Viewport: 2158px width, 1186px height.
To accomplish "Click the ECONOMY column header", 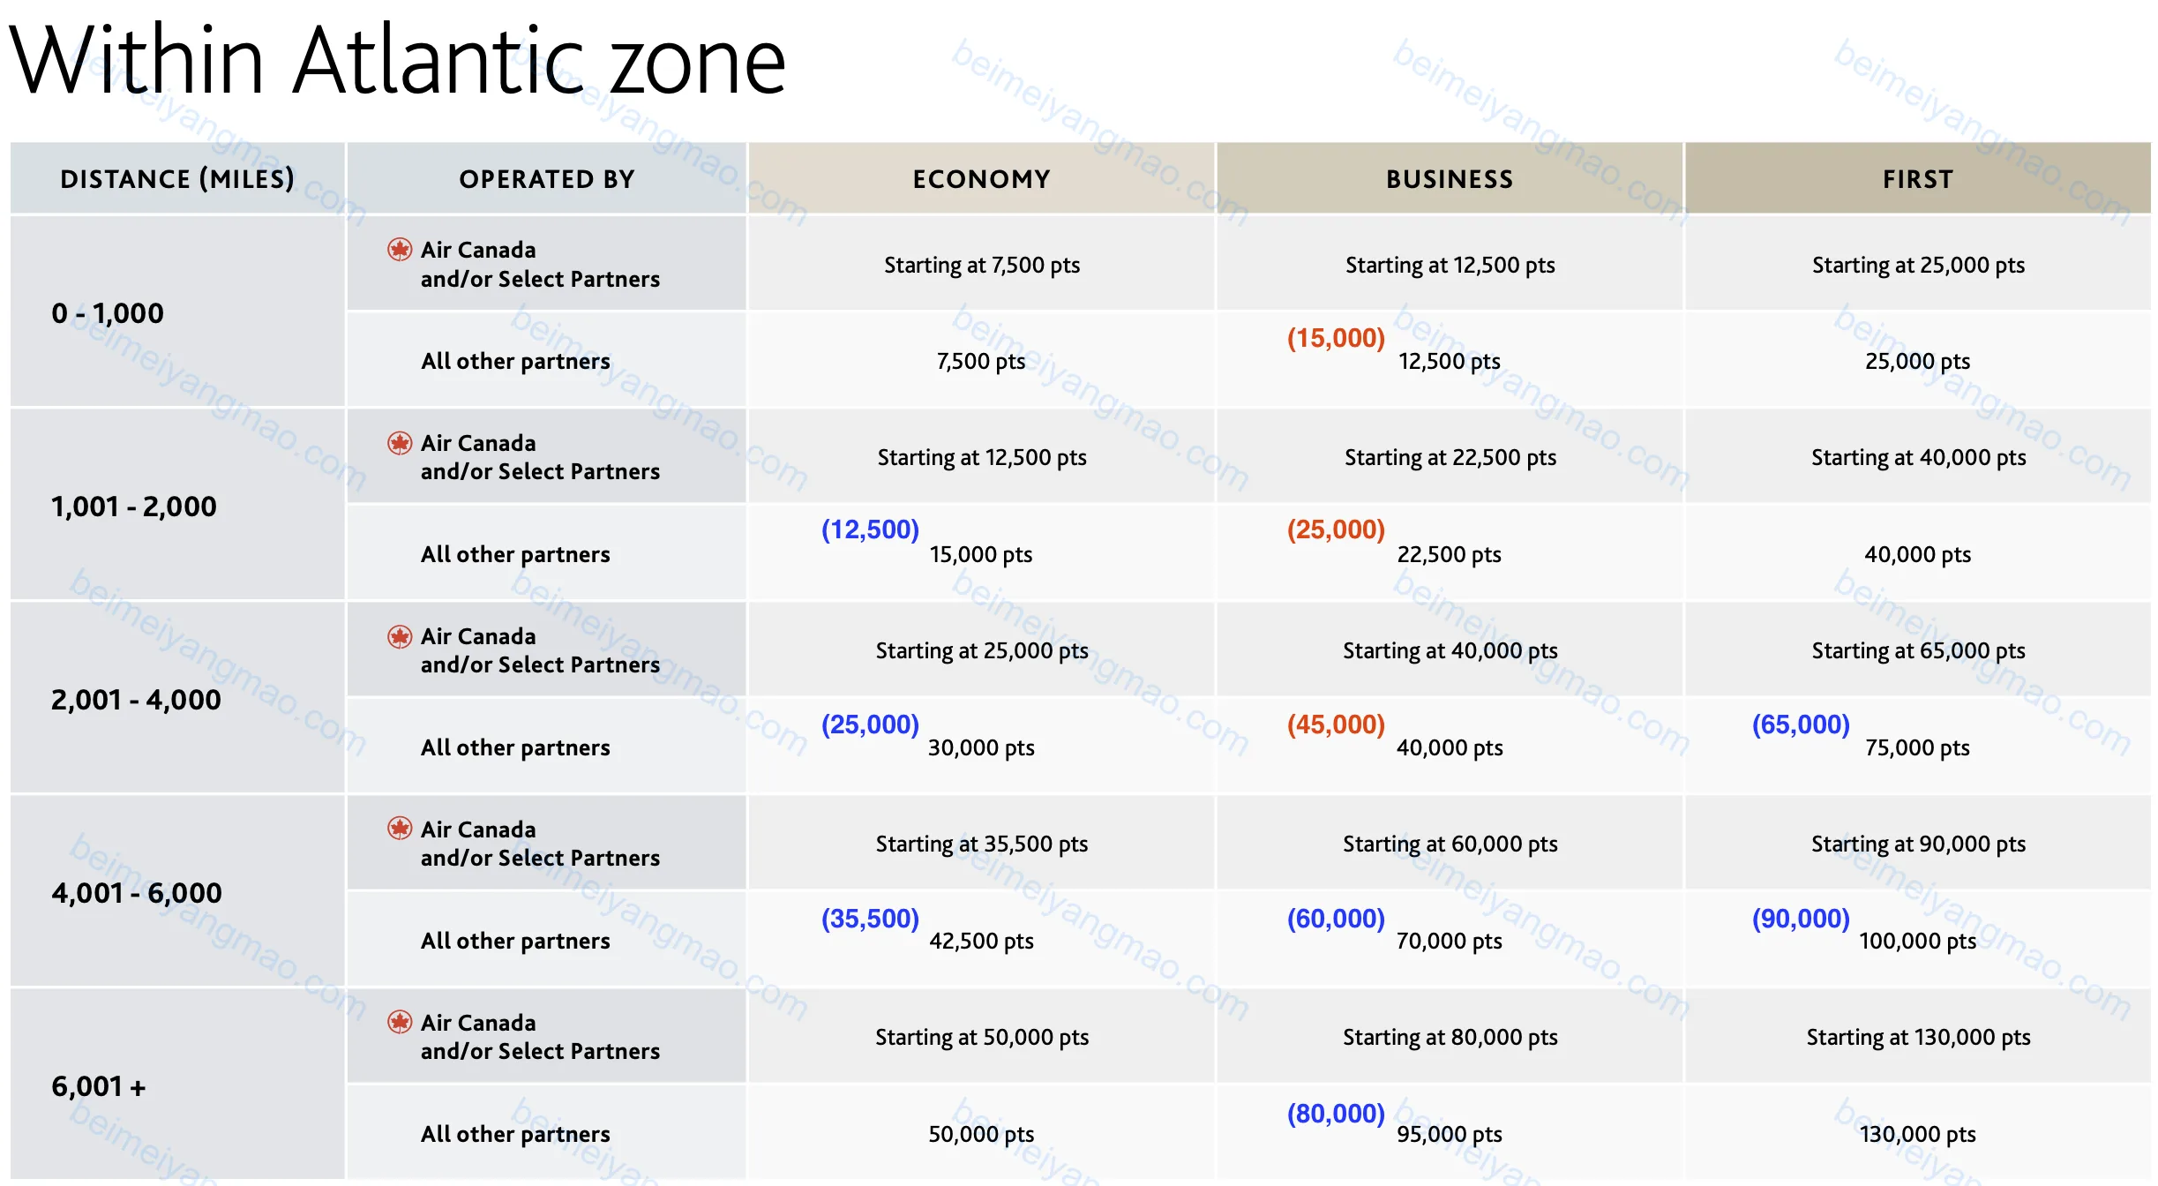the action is (x=981, y=179).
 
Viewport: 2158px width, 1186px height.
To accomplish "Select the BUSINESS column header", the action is (x=1450, y=179).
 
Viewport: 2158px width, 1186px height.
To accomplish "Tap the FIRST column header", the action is (x=1918, y=179).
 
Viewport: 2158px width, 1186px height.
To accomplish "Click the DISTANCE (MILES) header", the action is (x=177, y=179).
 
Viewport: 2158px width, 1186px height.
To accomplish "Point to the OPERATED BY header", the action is (x=547, y=179).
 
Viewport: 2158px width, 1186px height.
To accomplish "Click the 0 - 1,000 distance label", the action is (x=108, y=313).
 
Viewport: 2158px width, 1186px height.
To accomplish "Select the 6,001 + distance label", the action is (x=99, y=1086).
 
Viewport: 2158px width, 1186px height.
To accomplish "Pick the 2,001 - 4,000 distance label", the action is (x=136, y=700).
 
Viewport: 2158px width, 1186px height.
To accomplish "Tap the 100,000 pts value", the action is (x=1918, y=941).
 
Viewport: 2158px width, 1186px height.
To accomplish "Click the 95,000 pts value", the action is (x=1450, y=1134).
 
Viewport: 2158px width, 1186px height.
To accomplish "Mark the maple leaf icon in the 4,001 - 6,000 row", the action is (x=400, y=828).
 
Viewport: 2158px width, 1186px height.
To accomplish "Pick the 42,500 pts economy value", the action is (x=981, y=941).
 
